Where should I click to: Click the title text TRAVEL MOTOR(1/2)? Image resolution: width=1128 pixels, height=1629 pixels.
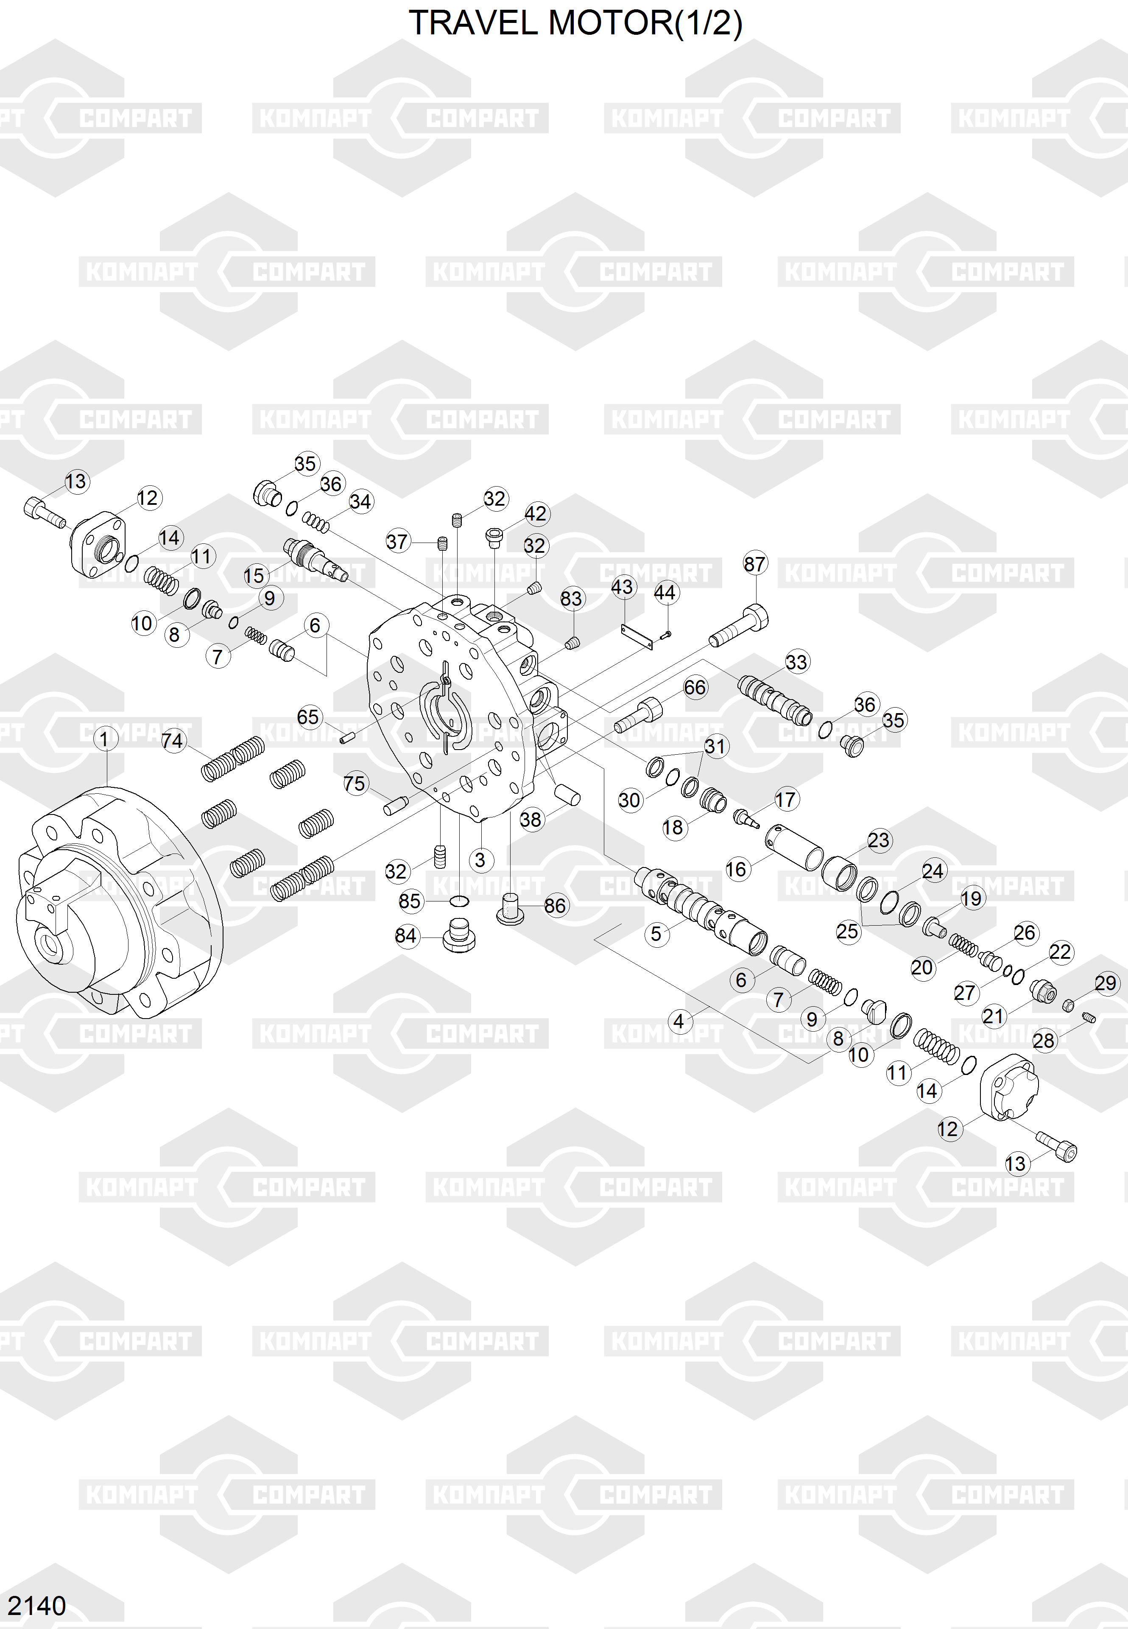[x=575, y=23]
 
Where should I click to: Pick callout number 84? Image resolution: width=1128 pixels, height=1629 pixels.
[x=406, y=936]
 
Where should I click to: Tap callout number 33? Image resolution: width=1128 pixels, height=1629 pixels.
[x=796, y=663]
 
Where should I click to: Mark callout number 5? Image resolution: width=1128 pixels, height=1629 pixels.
[x=656, y=934]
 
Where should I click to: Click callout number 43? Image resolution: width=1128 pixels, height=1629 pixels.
[x=622, y=587]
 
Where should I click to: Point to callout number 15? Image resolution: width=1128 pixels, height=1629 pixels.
[x=254, y=576]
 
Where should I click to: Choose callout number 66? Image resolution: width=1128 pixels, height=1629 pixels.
[x=695, y=687]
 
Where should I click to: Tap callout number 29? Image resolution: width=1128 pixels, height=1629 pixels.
[x=1106, y=983]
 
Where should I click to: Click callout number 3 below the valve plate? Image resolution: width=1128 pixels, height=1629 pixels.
[x=480, y=860]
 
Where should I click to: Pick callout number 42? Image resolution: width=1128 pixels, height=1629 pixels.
[x=536, y=513]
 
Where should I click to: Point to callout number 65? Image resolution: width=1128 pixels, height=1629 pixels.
[x=308, y=717]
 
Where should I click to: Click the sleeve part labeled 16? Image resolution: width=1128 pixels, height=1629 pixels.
[x=794, y=846]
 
